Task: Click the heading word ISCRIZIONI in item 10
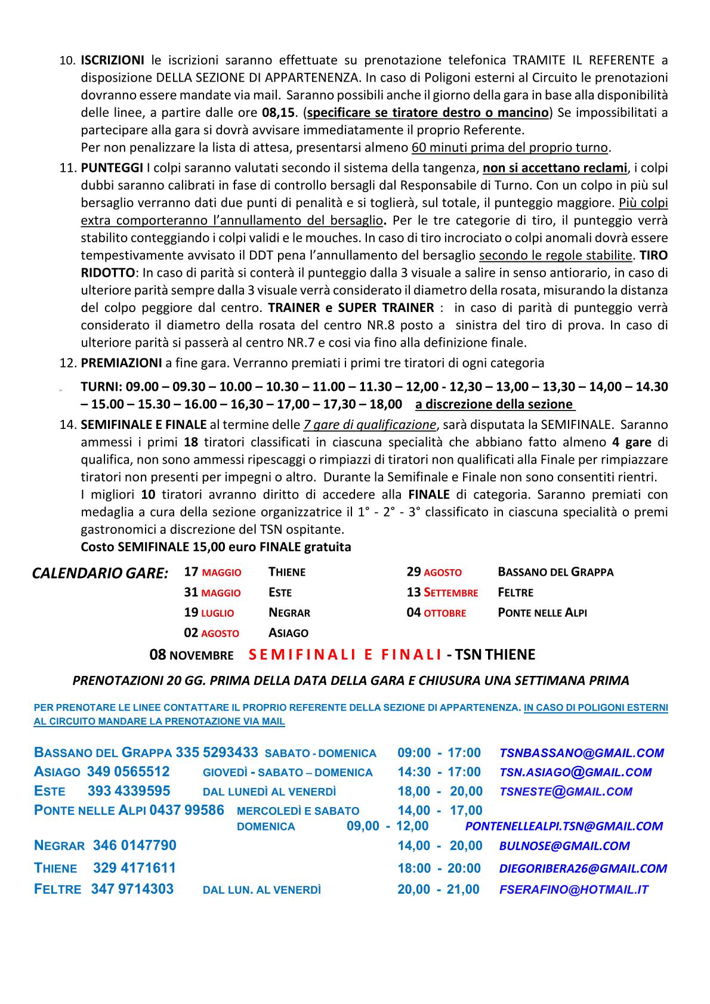113,60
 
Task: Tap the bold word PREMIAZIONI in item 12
121,363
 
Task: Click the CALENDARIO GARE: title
100,574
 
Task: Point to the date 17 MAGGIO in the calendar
212,572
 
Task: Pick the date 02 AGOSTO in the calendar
211,633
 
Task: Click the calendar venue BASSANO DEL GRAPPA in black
555,572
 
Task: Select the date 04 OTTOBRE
436,613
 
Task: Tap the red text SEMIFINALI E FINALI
344,655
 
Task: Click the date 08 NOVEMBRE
191,655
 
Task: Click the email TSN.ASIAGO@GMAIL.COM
575,773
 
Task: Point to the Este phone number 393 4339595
129,792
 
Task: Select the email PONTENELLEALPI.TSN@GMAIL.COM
563,826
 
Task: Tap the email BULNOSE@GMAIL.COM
564,846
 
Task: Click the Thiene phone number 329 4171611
134,868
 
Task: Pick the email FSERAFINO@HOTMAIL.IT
573,890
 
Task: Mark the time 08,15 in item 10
279,113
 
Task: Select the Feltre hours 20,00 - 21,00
439,889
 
